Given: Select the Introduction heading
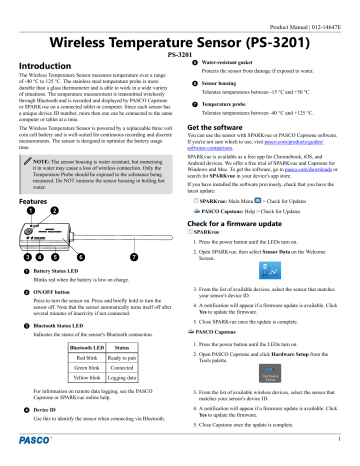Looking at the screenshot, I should click(x=46, y=66).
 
